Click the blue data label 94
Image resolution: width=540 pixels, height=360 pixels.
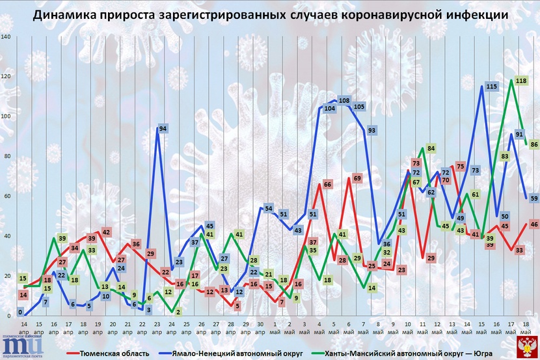tap(163, 129)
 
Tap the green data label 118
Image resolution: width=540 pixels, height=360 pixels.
tap(520, 81)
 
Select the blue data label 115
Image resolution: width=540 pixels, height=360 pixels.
tap(491, 86)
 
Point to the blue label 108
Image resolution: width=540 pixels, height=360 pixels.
tap(345, 101)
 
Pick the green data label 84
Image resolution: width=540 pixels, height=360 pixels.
tap(431, 148)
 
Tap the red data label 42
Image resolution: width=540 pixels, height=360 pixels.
tap(106, 232)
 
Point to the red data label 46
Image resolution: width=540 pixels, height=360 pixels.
tap(534, 224)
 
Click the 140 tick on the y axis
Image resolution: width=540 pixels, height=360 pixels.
tap(6, 36)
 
